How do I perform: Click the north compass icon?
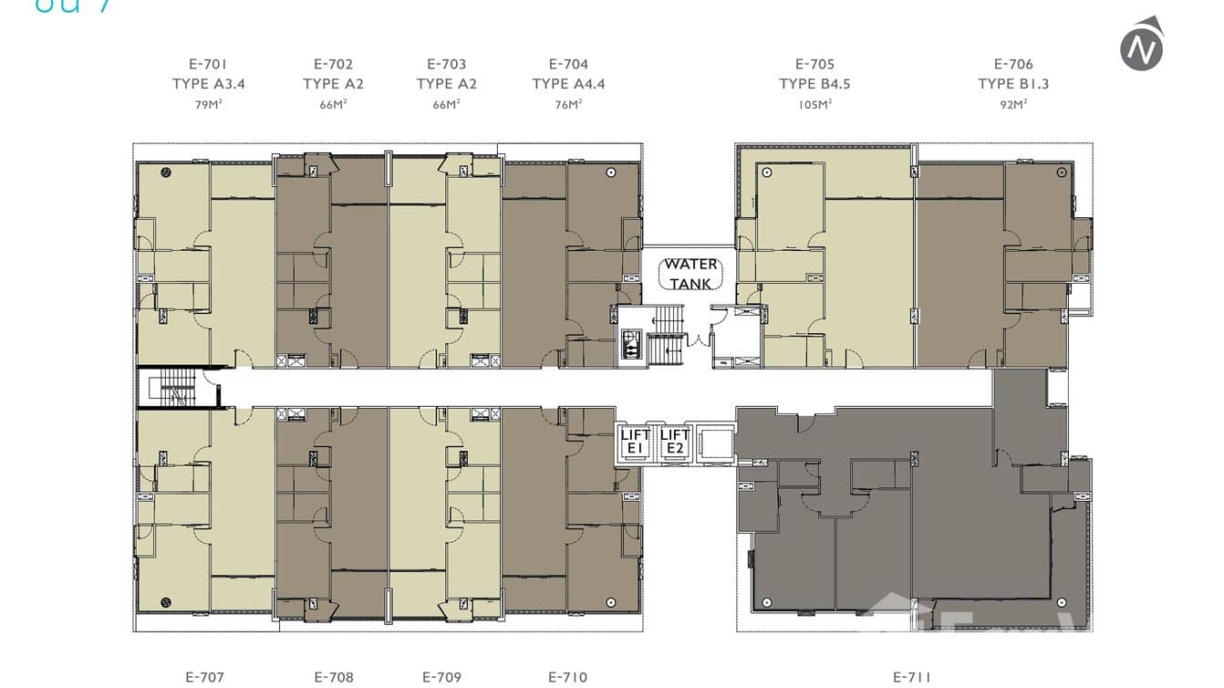(1141, 45)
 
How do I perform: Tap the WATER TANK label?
(690, 274)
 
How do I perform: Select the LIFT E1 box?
(635, 442)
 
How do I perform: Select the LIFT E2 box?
(674, 442)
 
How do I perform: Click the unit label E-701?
(208, 64)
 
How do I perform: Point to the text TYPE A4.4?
(568, 84)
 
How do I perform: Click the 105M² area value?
(814, 104)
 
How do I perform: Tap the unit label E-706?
(1013, 64)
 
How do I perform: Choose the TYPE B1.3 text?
(1013, 84)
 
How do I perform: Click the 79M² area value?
(208, 104)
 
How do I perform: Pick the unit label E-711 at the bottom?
(912, 677)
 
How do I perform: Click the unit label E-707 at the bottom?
(204, 677)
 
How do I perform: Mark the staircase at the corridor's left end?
(175, 389)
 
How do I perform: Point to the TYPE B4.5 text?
(814, 84)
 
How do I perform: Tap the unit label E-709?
(442, 677)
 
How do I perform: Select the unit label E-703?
(446, 64)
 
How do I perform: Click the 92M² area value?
(1013, 104)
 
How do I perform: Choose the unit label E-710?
(567, 677)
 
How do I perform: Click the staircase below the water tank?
(667, 333)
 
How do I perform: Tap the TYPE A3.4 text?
(208, 84)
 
